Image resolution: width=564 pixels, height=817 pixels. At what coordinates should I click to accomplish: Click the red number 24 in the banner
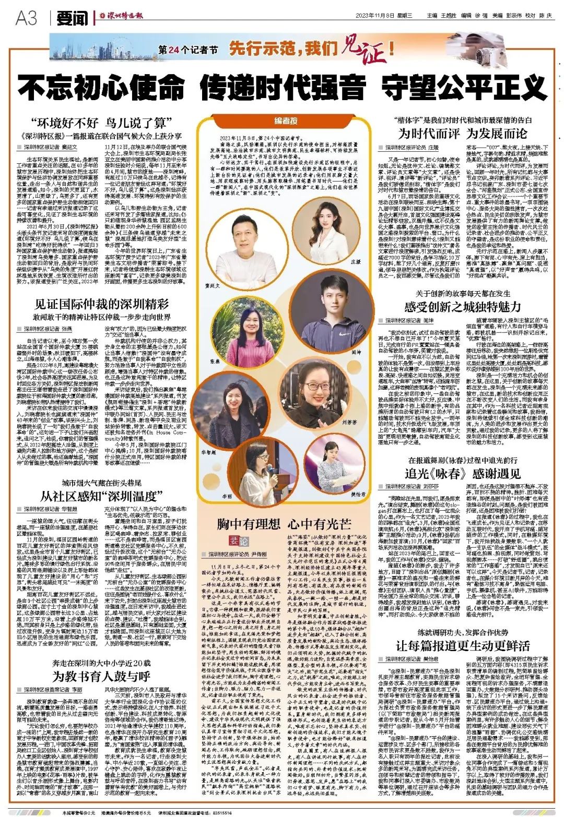tap(173, 51)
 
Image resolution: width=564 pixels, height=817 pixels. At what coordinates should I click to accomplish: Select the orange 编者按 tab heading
tap(286, 121)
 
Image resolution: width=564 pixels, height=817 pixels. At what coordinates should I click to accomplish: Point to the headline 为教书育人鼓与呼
tap(101, 677)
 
